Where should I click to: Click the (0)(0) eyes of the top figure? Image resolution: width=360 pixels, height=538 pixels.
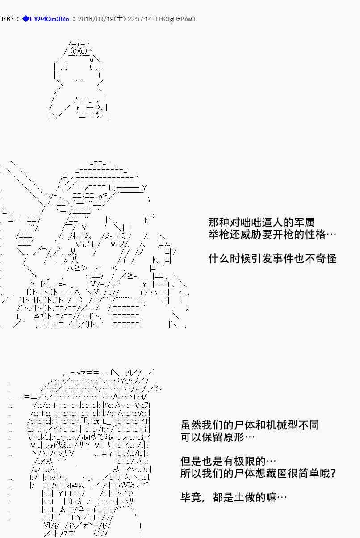(x=78, y=51)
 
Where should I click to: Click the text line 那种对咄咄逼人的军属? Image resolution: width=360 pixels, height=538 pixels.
(x=261, y=222)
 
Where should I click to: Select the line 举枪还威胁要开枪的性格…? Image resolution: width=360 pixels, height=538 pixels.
(x=272, y=234)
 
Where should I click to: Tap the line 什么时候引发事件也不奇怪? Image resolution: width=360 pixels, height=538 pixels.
(x=272, y=258)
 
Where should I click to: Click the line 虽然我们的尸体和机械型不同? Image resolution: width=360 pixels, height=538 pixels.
(x=250, y=425)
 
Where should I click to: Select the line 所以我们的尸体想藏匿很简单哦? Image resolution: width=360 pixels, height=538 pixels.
(x=258, y=473)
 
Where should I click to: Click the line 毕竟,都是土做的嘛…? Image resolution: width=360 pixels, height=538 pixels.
(x=233, y=497)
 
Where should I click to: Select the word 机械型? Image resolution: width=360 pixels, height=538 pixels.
(x=282, y=425)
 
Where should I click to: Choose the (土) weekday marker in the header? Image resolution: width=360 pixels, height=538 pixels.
(x=120, y=19)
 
